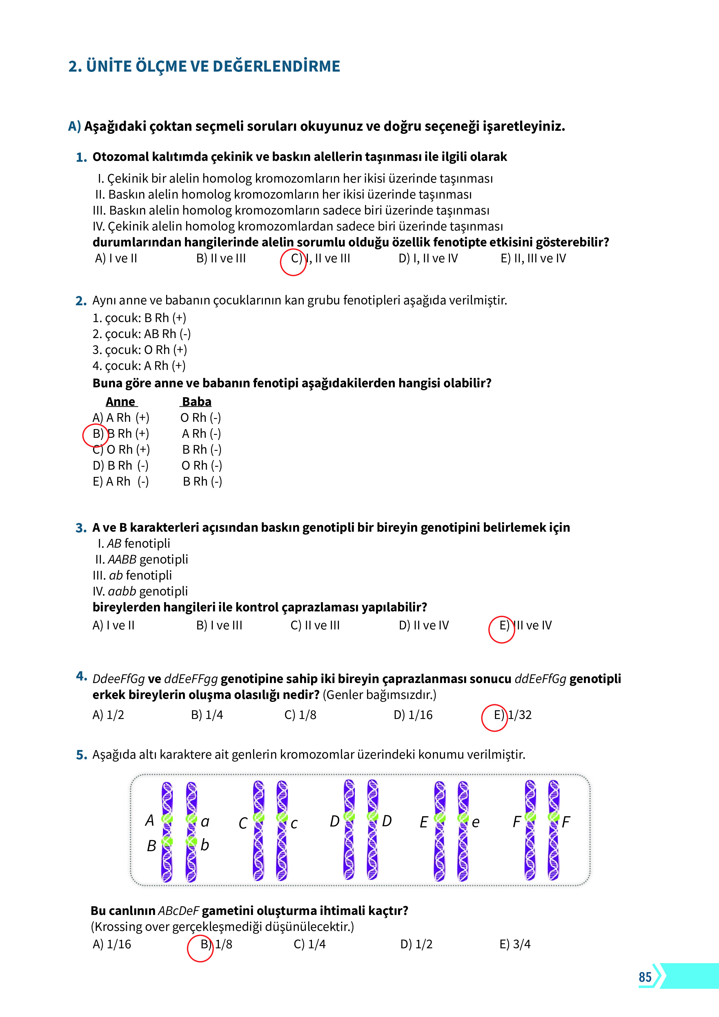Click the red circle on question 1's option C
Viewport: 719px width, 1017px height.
pyautogui.click(x=293, y=262)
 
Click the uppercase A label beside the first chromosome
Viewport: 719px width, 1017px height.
pyautogui.click(x=150, y=820)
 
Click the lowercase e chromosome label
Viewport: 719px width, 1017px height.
pyautogui.click(x=475, y=822)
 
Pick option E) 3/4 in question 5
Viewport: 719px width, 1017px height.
pyautogui.click(x=515, y=944)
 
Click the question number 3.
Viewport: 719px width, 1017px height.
pyautogui.click(x=81, y=528)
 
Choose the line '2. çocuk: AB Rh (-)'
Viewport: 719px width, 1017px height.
pyautogui.click(x=141, y=333)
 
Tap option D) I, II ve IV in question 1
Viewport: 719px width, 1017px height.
pyautogui.click(x=428, y=258)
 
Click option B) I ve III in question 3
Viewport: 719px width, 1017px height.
pyautogui.click(x=219, y=625)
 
